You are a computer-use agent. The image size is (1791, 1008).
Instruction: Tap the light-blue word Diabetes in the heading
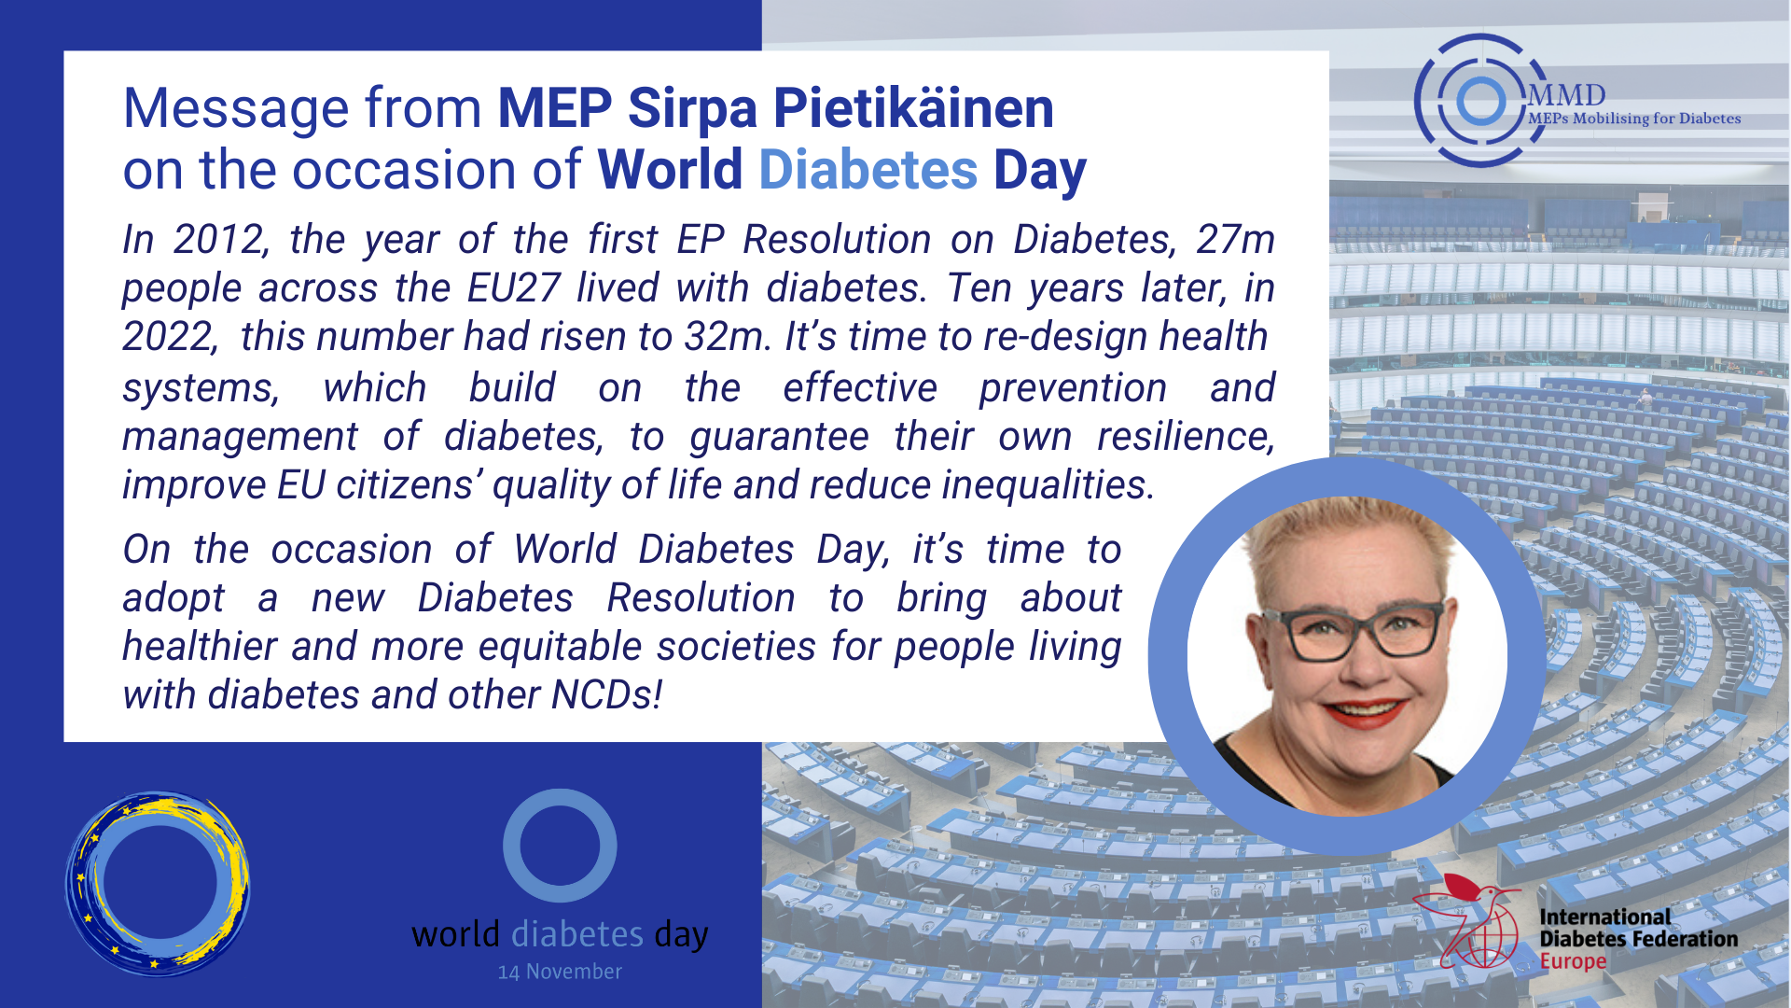pyautogui.click(x=868, y=170)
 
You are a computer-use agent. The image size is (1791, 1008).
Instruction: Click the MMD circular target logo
pyautogui.click(x=1480, y=101)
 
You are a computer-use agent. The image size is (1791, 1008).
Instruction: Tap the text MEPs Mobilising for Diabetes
pyautogui.click(x=1634, y=119)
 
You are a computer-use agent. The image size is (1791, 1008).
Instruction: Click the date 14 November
pyautogui.click(x=560, y=973)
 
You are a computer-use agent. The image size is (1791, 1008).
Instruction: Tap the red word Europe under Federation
pyautogui.click(x=1573, y=962)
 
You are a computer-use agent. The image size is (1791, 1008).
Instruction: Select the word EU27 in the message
pyautogui.click(x=513, y=288)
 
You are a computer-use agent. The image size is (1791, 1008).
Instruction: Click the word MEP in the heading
pyautogui.click(x=555, y=108)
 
